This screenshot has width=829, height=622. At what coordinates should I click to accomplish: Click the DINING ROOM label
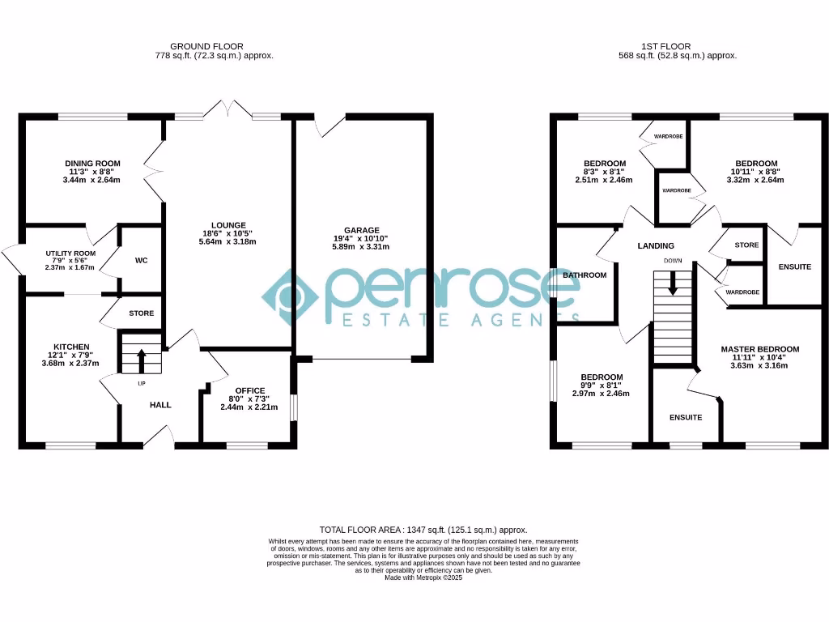92,164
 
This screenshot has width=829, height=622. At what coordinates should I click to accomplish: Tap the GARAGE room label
361,230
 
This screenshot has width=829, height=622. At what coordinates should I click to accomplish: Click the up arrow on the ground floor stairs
142,356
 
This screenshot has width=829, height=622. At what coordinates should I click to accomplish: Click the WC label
141,261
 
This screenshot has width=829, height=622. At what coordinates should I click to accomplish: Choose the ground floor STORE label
141,313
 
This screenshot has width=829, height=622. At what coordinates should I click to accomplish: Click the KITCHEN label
71,347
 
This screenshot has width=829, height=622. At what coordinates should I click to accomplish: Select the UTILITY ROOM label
70,253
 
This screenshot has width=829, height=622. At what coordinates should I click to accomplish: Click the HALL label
160,405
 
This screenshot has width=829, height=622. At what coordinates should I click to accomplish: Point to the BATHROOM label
585,275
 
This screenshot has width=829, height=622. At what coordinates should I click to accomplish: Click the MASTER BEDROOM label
759,350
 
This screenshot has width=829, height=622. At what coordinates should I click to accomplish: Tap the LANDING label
656,246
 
